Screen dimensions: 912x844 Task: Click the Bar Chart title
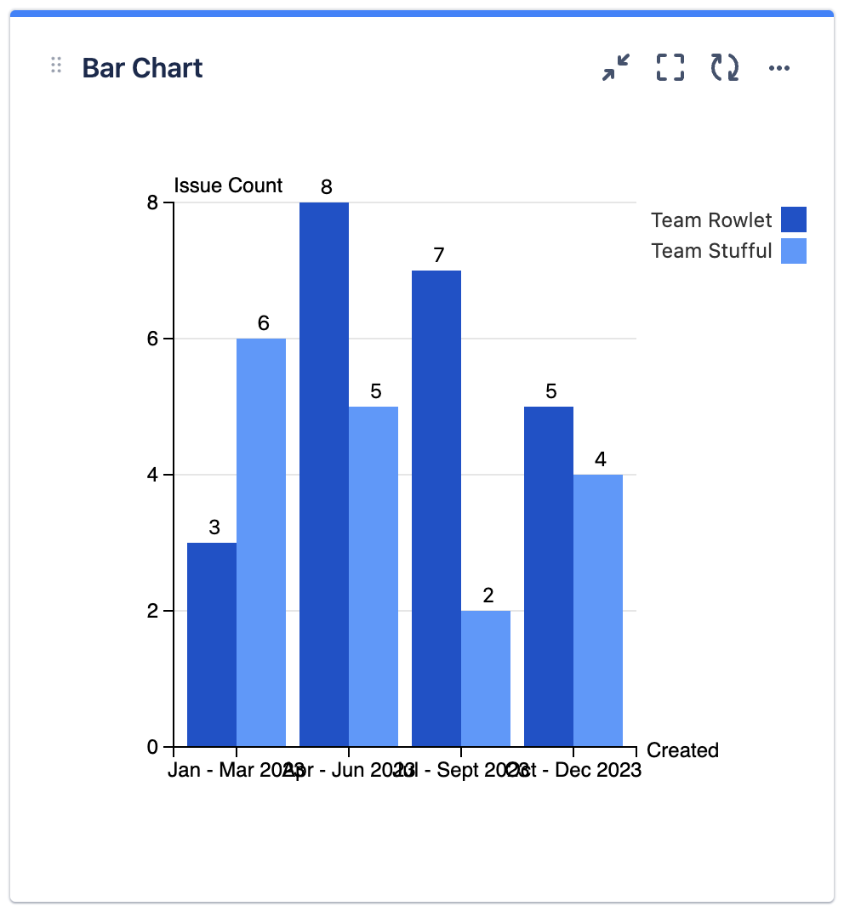pyautogui.click(x=142, y=68)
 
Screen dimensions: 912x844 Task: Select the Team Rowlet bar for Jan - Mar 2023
pyautogui.click(x=212, y=644)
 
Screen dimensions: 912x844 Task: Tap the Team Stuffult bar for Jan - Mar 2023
pyautogui.click(x=261, y=542)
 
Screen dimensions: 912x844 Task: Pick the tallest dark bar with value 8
pyautogui.click(x=324, y=474)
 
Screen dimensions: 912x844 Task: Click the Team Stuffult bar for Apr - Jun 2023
pyautogui.click(x=374, y=576)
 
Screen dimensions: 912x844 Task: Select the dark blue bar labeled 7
pyautogui.click(x=436, y=508)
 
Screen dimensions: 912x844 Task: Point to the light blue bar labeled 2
pyautogui.click(x=486, y=678)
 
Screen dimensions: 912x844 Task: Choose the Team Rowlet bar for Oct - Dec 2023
pyautogui.click(x=549, y=576)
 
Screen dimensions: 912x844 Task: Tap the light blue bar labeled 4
pyautogui.click(x=598, y=610)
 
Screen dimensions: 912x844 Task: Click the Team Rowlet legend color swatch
pyautogui.click(x=793, y=219)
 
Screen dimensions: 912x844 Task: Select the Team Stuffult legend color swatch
pyautogui.click(x=793, y=250)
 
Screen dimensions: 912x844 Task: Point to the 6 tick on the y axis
pyautogui.click(x=153, y=339)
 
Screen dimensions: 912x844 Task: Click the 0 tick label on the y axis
pyautogui.click(x=153, y=747)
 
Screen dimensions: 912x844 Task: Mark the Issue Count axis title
pyautogui.click(x=228, y=185)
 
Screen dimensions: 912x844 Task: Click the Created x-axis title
pyautogui.click(x=682, y=750)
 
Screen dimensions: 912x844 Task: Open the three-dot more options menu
pyautogui.click(x=779, y=68)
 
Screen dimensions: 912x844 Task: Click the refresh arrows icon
pyautogui.click(x=725, y=67)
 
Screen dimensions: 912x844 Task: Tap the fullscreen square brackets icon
pyautogui.click(x=670, y=67)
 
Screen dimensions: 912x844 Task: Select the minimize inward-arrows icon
pyautogui.click(x=616, y=67)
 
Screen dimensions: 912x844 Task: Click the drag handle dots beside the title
pyautogui.click(x=56, y=66)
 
